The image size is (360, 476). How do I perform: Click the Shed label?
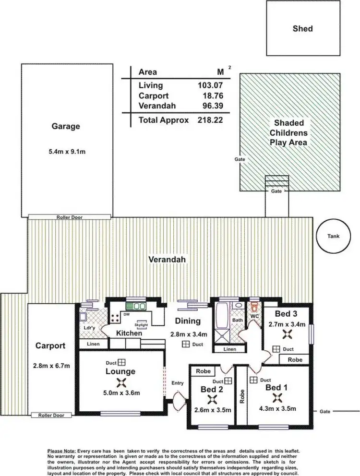click(x=302, y=29)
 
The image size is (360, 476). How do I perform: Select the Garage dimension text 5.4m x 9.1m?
click(x=66, y=152)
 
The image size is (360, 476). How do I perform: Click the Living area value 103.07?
click(x=213, y=85)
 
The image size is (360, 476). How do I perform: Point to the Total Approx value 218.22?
click(x=210, y=120)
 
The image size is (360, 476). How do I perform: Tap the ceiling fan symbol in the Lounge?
click(x=120, y=382)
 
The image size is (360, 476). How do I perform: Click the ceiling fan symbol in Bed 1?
click(x=277, y=397)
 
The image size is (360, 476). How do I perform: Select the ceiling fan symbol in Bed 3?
click(x=287, y=334)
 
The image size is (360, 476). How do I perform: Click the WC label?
click(x=254, y=317)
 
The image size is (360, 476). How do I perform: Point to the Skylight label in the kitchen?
click(x=143, y=325)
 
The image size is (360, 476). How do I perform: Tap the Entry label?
click(x=177, y=383)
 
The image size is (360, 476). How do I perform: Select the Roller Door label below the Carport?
click(x=51, y=415)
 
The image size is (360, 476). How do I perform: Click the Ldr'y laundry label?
click(x=89, y=329)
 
